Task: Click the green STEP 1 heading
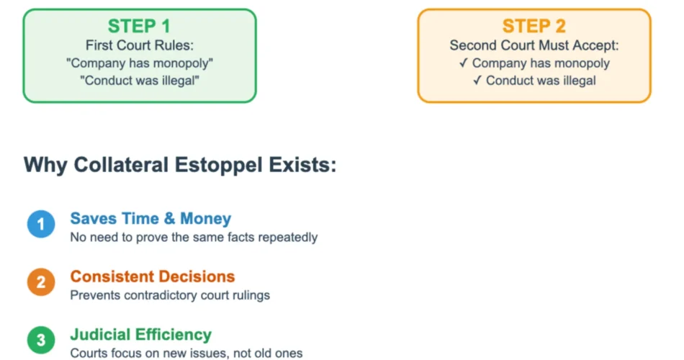(139, 26)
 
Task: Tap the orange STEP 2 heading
(534, 26)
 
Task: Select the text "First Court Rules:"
(140, 45)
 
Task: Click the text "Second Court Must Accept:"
(534, 45)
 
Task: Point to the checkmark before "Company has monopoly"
(464, 63)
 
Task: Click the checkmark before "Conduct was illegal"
(477, 81)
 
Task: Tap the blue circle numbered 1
(41, 224)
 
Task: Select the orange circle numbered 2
(41, 282)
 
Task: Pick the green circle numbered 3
(41, 340)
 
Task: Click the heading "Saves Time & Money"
(151, 218)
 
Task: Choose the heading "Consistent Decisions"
(153, 276)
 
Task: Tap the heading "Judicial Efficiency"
(141, 334)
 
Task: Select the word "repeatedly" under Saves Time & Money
(288, 238)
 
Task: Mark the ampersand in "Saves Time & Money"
(170, 218)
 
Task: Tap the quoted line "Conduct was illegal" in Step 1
(140, 81)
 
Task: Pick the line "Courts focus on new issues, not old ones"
(186, 353)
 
